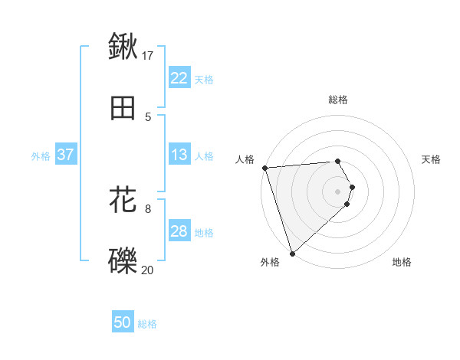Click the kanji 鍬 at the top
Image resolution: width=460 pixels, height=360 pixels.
[123, 46]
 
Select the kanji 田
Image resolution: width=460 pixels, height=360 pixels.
[123, 109]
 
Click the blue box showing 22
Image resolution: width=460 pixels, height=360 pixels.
[179, 78]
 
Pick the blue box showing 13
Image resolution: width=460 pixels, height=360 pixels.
[179, 155]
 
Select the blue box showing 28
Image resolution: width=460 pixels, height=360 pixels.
[179, 231]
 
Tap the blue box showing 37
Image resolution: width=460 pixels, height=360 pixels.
[65, 155]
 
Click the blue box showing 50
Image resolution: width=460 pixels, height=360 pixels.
[123, 322]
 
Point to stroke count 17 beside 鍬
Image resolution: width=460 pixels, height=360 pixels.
[148, 55]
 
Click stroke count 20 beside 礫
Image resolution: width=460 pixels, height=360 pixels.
[148, 270]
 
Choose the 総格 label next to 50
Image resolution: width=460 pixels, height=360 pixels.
[148, 324]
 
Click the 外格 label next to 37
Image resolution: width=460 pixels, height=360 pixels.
[41, 155]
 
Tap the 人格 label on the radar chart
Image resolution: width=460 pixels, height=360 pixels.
[245, 159]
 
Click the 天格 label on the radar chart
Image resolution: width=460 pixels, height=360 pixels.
[432, 159]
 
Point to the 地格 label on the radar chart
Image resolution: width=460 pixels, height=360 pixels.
[402, 262]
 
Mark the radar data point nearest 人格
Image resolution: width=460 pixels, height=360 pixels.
[264, 168]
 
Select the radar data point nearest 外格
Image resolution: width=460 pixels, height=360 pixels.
[291, 253]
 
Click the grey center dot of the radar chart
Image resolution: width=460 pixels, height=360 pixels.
[338, 191]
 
